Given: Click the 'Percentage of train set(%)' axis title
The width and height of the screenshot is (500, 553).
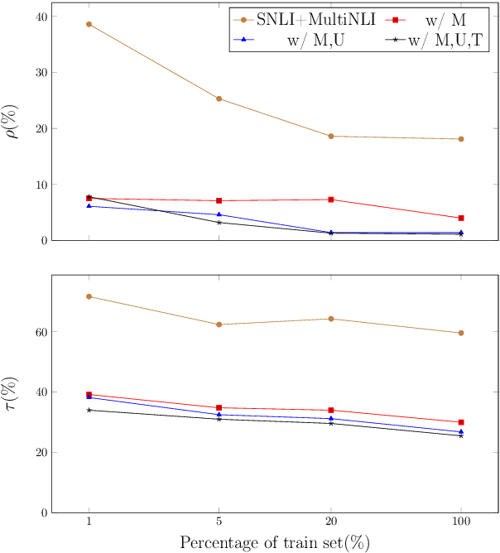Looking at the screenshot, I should pos(275,542).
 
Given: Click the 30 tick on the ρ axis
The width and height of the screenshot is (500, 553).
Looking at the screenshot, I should pos(37,72).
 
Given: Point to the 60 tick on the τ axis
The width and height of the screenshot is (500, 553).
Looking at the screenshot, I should pos(37,332).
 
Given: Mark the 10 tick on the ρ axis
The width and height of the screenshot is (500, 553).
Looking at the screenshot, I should pos(37,185).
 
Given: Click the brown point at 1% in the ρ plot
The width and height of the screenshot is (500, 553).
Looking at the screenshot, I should pos(89,24).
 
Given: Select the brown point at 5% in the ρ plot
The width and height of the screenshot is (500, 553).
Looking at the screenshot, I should pos(219,99).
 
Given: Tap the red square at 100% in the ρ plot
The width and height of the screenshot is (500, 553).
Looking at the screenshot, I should pos(461,218).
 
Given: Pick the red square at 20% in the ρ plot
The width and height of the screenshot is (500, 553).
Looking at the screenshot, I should pos(331,200).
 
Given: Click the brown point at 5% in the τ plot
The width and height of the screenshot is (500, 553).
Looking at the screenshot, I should pos(219,325).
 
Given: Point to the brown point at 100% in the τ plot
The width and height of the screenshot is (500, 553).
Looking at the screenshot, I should pos(461,333).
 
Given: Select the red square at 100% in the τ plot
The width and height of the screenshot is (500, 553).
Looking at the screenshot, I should pos(461,422).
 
